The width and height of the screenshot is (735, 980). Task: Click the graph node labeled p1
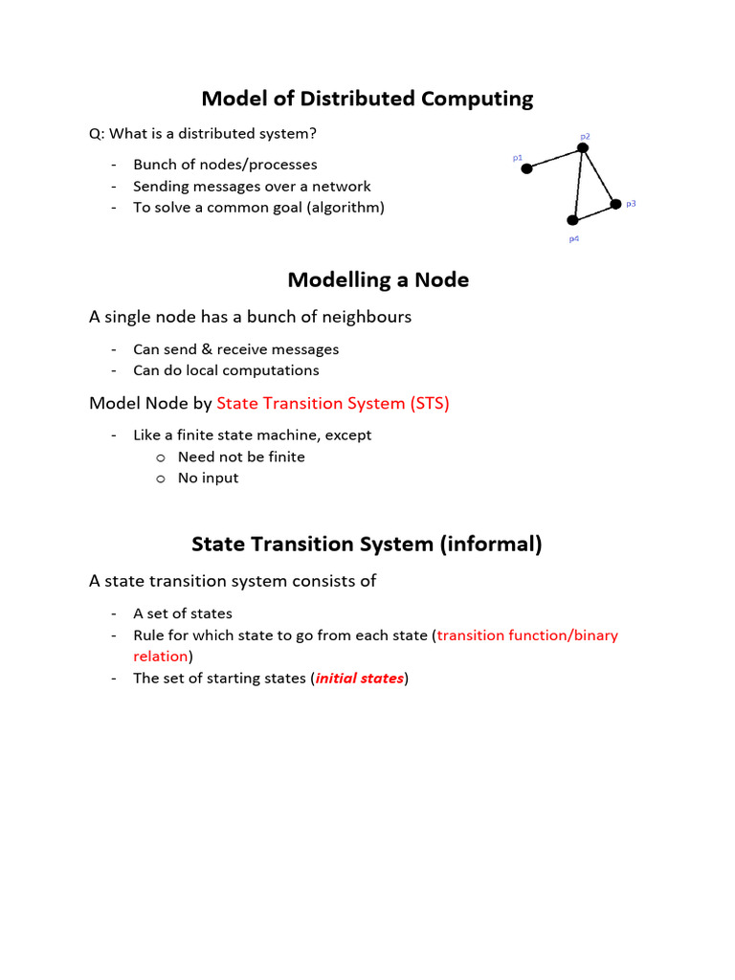pos(526,169)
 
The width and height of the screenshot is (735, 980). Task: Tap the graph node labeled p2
pos(582,147)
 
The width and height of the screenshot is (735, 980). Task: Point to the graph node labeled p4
pos(573,221)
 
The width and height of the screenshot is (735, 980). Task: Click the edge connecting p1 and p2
pos(554,158)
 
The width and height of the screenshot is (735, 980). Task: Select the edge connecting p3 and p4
pos(593,212)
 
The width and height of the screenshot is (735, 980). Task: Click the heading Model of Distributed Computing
pos(367,99)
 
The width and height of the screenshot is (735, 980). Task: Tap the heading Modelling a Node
pos(378,280)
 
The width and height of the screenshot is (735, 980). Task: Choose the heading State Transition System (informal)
pos(367,545)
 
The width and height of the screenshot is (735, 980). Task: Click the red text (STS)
pos(430,403)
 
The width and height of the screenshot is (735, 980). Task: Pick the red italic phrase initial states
pos(360,679)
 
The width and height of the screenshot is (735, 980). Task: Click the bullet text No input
pos(208,478)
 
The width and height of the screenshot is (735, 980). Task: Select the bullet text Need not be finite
pos(241,457)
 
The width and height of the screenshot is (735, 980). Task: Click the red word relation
pos(160,657)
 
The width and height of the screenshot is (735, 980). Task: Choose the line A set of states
pos(183,613)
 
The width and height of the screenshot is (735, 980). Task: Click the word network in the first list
pos(343,186)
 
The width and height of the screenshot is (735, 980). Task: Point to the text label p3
pos(631,203)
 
